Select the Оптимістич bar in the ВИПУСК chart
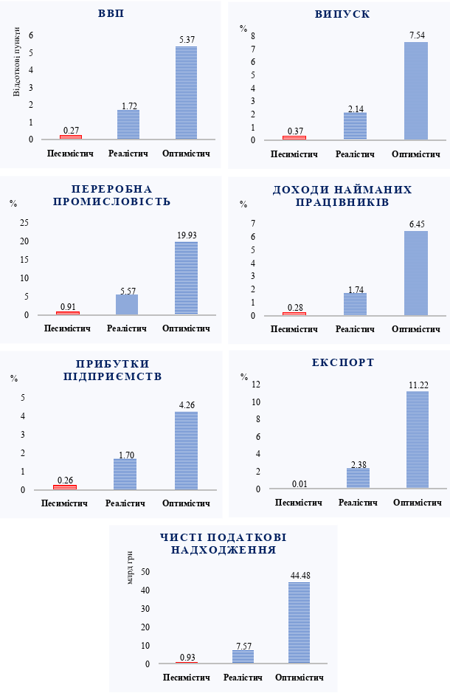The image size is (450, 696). [415, 91]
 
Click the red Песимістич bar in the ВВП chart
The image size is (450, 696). [71, 137]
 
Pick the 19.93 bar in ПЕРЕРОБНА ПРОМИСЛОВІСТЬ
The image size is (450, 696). [186, 278]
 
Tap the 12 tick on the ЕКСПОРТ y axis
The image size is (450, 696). [257, 385]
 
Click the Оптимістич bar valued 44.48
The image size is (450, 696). [300, 623]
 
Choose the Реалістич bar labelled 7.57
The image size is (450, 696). [243, 656]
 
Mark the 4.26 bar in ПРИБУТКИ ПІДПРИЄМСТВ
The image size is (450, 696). [186, 450]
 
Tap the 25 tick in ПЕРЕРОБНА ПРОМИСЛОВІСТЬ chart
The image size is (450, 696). [24, 223]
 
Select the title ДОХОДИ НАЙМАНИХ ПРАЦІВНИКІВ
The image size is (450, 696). [342, 196]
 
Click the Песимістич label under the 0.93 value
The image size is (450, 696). [186, 678]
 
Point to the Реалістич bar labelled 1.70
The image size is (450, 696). [125, 474]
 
